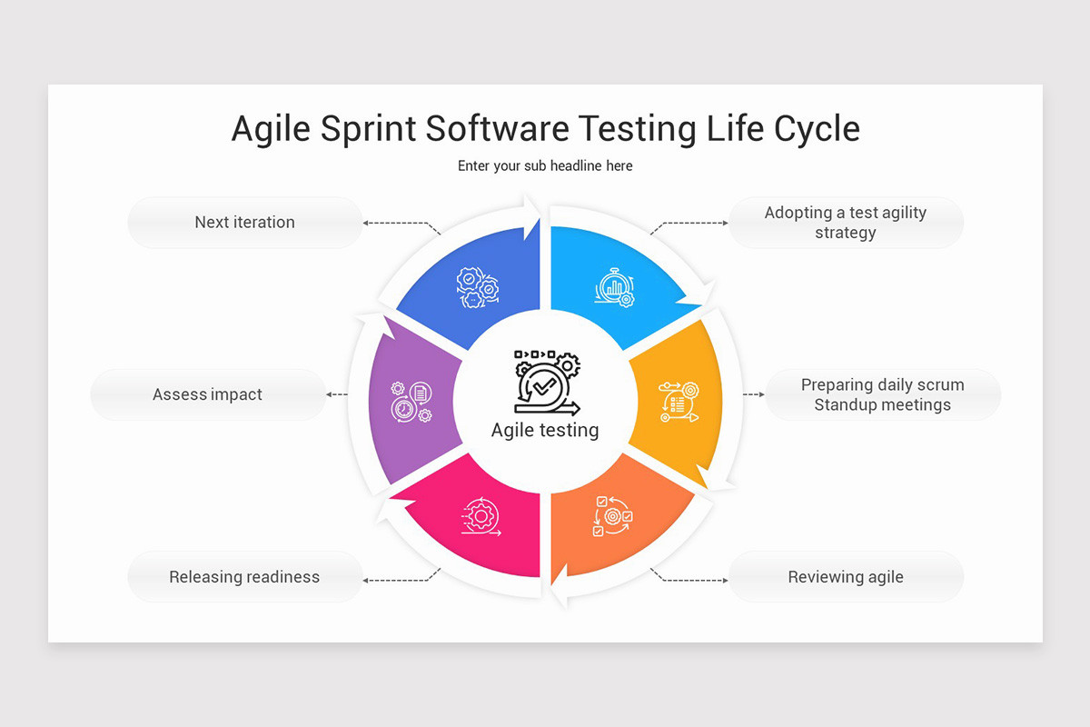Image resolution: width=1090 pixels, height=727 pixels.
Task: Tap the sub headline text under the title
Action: click(545, 166)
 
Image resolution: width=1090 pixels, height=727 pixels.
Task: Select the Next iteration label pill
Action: click(244, 222)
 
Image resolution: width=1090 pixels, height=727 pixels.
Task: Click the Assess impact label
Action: click(207, 394)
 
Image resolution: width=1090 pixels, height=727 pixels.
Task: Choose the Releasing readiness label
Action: click(244, 576)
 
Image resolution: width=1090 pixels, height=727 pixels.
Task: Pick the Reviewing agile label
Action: click(846, 576)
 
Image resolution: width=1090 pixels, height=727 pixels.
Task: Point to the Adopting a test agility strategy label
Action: click(846, 223)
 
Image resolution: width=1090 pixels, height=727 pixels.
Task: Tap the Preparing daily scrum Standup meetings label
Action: click(882, 395)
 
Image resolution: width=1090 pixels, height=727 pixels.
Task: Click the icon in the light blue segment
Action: click(615, 287)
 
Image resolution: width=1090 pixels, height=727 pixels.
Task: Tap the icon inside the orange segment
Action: click(612, 516)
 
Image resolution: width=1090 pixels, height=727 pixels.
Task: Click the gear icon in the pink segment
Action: click(480, 516)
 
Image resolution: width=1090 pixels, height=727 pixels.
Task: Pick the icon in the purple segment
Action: click(411, 402)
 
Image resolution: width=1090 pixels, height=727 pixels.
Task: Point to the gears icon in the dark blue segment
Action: click(478, 287)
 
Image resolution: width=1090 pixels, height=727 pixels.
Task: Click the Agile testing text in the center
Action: click(545, 430)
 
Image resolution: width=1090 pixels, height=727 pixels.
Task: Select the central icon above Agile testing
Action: click(545, 382)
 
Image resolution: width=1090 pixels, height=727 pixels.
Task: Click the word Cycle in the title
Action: click(817, 129)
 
